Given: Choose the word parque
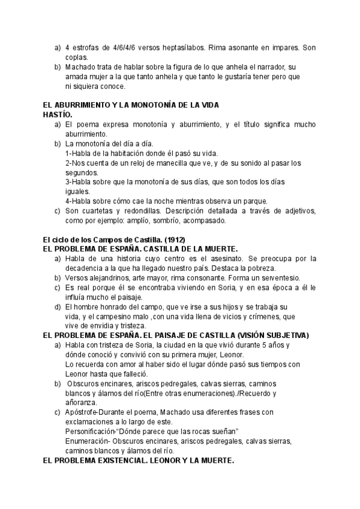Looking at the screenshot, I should click(x=254, y=200).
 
